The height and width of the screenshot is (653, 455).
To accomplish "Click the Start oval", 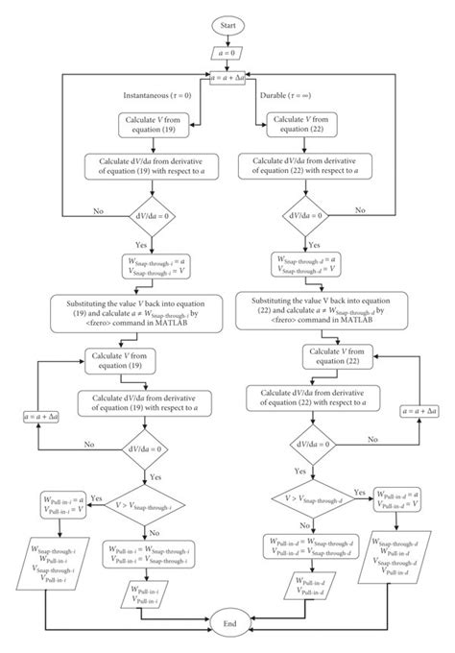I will (x=227, y=24).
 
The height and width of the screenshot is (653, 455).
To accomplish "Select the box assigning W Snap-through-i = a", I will (x=144, y=266).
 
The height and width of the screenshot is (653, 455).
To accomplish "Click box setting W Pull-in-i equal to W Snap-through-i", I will (x=144, y=554).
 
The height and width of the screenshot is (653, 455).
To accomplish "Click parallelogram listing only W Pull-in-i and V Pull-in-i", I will (x=144, y=595).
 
